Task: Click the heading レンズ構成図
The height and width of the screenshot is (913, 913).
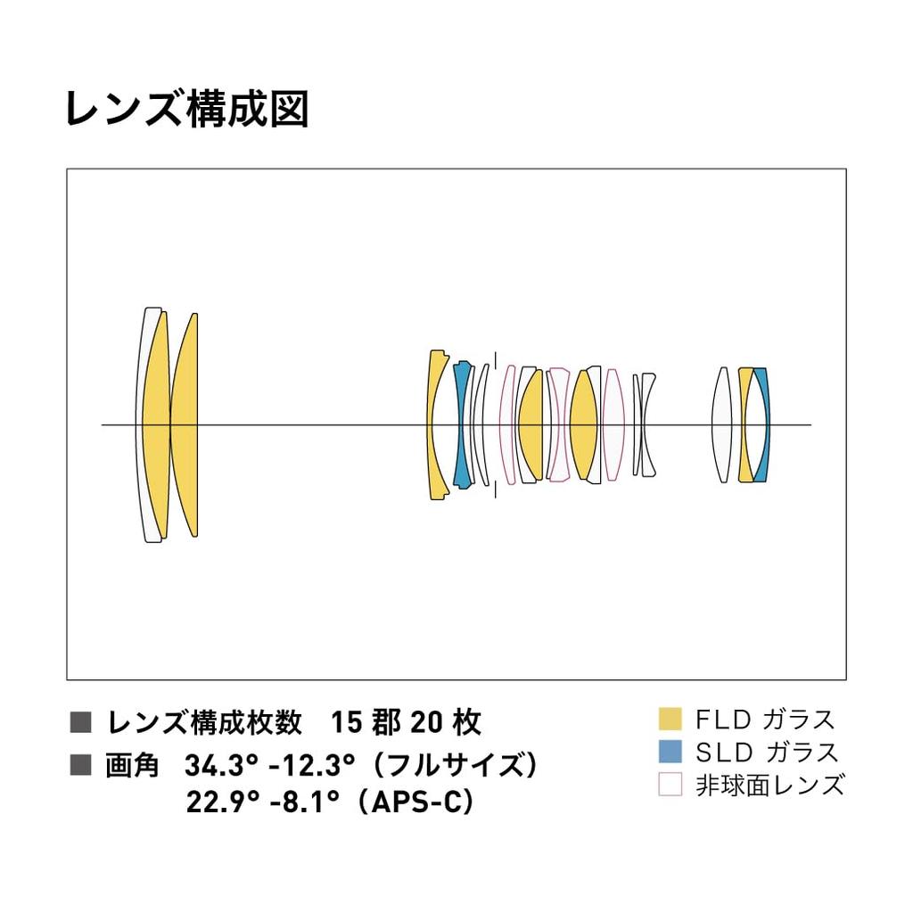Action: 186,109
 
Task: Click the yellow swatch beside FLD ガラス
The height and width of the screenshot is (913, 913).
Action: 669,719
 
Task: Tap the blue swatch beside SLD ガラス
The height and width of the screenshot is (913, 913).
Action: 669,752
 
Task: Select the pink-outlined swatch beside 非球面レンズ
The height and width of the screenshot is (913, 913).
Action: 669,785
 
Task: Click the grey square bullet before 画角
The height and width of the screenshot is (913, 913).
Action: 81,764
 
